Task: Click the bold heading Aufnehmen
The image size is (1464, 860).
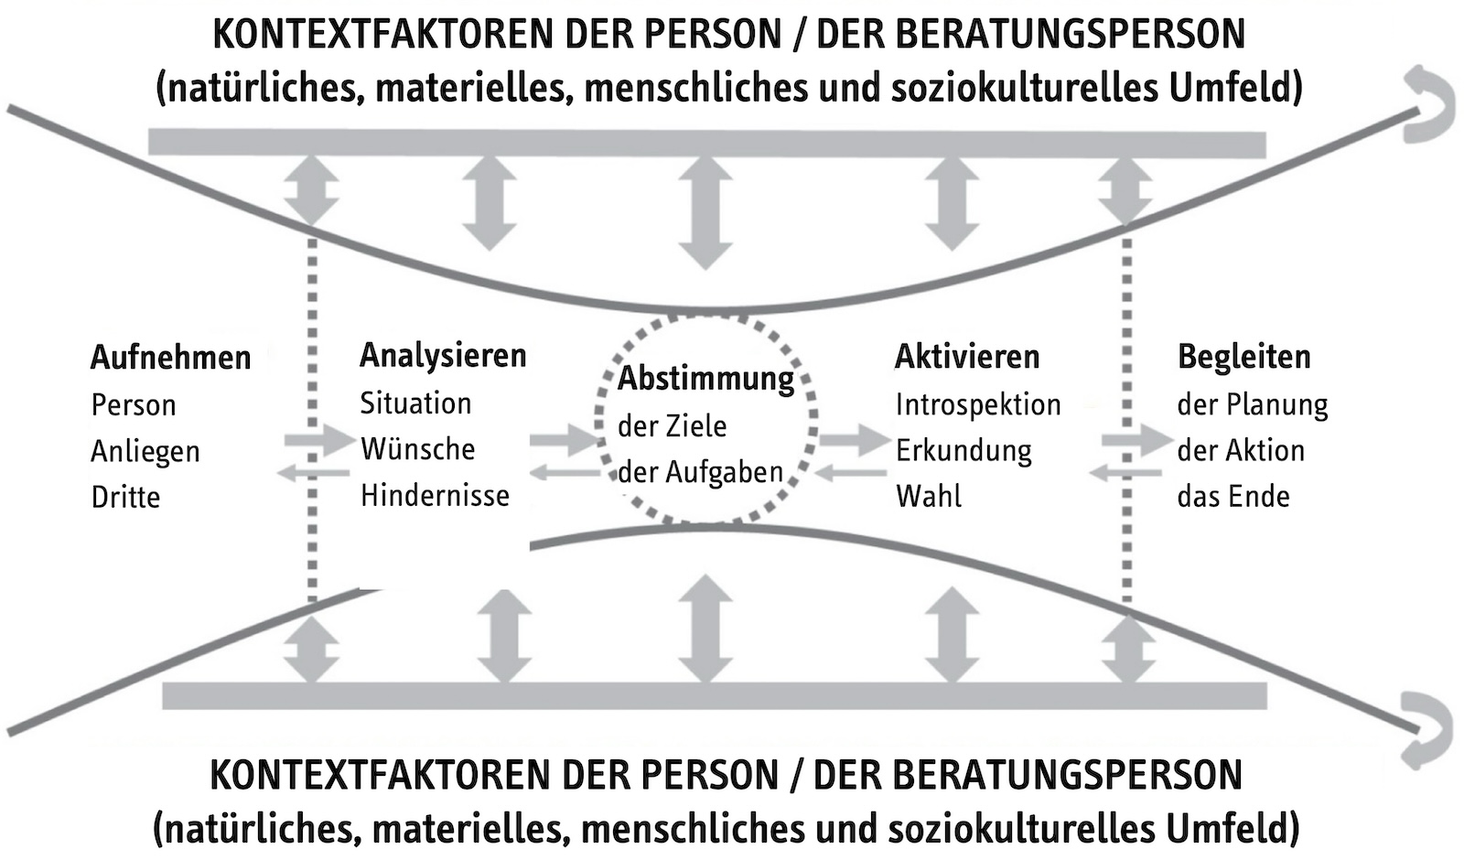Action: tap(170, 358)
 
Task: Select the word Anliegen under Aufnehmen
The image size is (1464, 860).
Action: tap(145, 452)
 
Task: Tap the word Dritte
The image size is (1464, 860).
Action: tap(125, 498)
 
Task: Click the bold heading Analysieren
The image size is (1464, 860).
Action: tap(443, 357)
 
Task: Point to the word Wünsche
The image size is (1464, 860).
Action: tap(417, 449)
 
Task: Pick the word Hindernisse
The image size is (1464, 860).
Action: tap(435, 495)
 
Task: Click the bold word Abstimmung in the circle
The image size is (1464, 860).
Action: tap(705, 379)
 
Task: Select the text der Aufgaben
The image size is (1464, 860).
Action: tap(700, 472)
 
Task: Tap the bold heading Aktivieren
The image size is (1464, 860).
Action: tap(966, 357)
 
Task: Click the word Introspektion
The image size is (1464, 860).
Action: tap(978, 405)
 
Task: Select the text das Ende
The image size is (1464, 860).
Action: tap(1233, 497)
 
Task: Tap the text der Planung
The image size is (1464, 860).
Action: tap(1253, 405)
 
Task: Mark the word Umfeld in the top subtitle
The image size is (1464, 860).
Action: tap(1235, 88)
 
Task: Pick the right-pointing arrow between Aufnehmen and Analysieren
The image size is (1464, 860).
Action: tap(319, 440)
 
